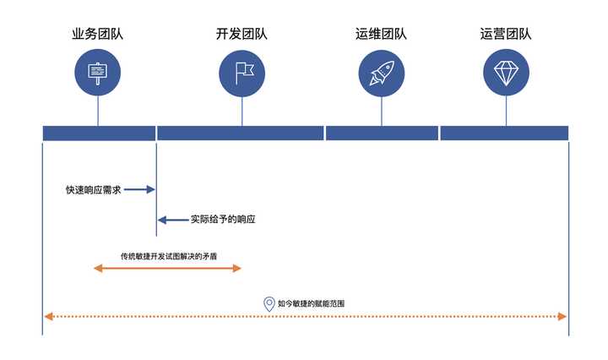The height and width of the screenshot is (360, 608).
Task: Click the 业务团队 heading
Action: (97, 35)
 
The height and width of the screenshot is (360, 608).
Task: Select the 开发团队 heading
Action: (242, 35)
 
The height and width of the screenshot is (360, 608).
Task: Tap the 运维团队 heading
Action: (381, 35)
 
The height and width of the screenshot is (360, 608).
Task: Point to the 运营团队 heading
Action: (506, 35)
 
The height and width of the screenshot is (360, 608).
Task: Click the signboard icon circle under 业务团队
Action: (97, 72)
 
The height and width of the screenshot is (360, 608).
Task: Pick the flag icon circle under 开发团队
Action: (242, 72)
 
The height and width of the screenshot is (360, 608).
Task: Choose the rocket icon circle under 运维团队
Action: (381, 72)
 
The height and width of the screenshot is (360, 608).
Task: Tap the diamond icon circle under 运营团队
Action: (506, 72)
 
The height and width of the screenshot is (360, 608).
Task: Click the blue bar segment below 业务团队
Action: (99, 133)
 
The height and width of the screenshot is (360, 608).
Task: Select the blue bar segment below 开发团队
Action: (241, 133)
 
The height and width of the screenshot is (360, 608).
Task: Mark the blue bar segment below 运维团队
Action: (382, 133)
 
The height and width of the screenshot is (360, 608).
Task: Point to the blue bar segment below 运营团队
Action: (504, 133)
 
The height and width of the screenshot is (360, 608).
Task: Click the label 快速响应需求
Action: (94, 190)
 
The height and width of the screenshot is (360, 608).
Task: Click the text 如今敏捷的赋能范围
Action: (311, 303)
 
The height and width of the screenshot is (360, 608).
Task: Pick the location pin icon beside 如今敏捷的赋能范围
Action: (269, 303)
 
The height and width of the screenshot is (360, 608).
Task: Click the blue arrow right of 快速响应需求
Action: (139, 190)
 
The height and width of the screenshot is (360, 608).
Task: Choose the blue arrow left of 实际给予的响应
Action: (173, 220)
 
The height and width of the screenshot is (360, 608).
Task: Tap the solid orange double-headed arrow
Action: (167, 268)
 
